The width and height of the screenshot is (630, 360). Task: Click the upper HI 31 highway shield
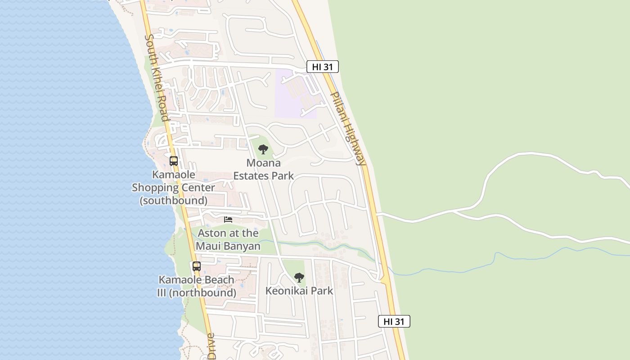pyautogui.click(x=322, y=67)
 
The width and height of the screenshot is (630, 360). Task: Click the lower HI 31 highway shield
pyautogui.click(x=394, y=321)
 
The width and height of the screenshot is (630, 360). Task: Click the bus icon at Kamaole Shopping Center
pyautogui.click(x=174, y=161)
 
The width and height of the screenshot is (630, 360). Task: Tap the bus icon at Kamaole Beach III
pyautogui.click(x=197, y=266)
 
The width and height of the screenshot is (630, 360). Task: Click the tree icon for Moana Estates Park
pyautogui.click(x=263, y=149)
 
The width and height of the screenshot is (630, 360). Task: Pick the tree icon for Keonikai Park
pyautogui.click(x=299, y=278)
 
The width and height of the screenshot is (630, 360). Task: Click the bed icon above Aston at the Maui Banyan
pyautogui.click(x=228, y=220)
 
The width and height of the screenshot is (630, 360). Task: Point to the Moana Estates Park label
pyautogui.click(x=263, y=169)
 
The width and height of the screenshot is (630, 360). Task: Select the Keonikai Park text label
pyautogui.click(x=299, y=291)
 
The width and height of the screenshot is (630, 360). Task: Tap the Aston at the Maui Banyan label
pyautogui.click(x=228, y=239)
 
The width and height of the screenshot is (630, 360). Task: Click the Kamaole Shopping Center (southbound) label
pyautogui.click(x=174, y=187)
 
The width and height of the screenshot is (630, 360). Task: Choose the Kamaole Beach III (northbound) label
pyautogui.click(x=197, y=286)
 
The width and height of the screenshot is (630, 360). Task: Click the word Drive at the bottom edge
pyautogui.click(x=211, y=346)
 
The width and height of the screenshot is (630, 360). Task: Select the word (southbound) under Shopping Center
pyautogui.click(x=174, y=200)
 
